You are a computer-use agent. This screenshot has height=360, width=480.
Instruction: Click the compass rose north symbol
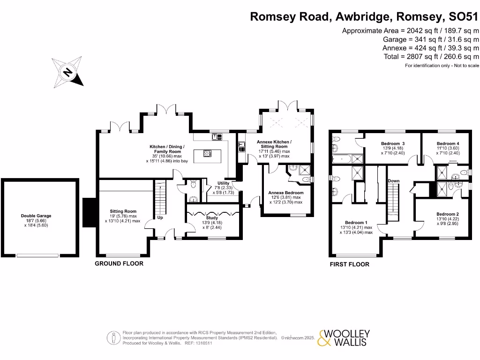(x=67, y=72)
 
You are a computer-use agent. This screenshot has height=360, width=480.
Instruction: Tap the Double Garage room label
(x=36, y=216)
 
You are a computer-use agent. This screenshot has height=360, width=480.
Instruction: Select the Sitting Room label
(x=123, y=211)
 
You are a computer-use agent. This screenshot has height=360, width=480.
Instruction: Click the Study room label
(x=212, y=218)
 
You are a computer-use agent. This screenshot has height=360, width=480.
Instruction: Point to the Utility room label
(x=223, y=183)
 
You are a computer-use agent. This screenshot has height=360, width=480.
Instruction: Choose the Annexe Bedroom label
(x=285, y=193)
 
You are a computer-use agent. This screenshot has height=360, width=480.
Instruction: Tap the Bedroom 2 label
(x=447, y=214)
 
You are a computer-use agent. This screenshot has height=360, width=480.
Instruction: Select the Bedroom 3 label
(x=392, y=143)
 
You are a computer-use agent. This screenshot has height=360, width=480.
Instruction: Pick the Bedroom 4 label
(x=448, y=143)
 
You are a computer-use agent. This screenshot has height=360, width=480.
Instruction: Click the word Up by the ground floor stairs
(x=160, y=218)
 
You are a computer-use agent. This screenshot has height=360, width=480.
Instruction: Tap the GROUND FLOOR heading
(x=119, y=264)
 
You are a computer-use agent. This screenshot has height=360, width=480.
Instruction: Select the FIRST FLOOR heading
(x=349, y=264)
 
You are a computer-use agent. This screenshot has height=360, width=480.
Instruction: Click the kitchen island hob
(x=206, y=153)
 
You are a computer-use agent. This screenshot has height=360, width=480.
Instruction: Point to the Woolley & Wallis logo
(x=344, y=338)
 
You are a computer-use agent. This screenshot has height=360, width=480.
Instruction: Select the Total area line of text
(x=431, y=56)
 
